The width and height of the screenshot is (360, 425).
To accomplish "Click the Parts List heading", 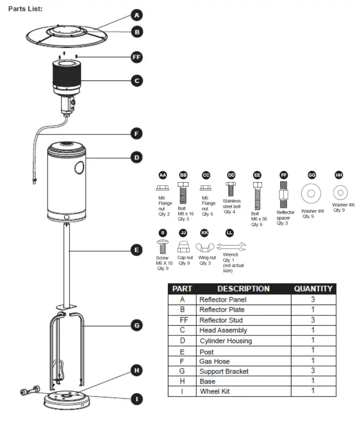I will [25, 9].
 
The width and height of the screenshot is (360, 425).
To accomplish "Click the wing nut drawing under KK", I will [205, 247].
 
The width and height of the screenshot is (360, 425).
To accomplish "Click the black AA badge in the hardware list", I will [162, 176].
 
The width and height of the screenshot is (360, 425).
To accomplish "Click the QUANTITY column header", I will [313, 289].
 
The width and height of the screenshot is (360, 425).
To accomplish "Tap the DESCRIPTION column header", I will [243, 289].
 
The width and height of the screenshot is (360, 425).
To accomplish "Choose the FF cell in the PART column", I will [182, 320].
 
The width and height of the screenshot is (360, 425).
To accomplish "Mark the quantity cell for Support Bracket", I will [313, 371].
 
